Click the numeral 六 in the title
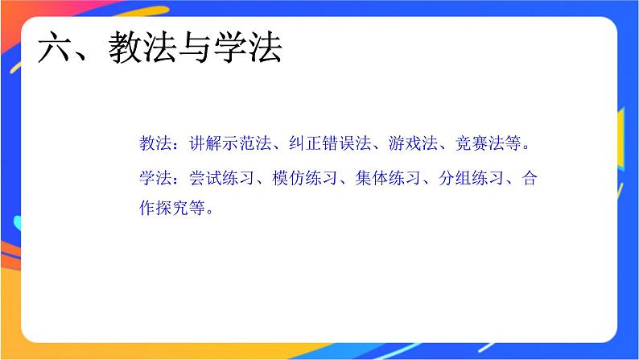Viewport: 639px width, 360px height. (x=56, y=49)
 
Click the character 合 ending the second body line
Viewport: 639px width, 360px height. (x=529, y=178)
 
